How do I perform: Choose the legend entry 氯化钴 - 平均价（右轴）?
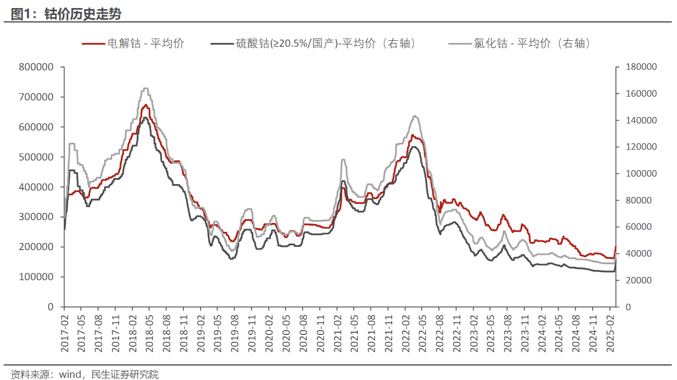[531, 44]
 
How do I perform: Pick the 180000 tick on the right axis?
[642, 67]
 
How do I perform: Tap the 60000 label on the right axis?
[639, 227]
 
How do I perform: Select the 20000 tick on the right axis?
[639, 280]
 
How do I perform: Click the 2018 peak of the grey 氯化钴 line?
[146, 89]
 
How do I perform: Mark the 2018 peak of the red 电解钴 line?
[145, 105]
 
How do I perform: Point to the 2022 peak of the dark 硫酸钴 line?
[414, 147]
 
